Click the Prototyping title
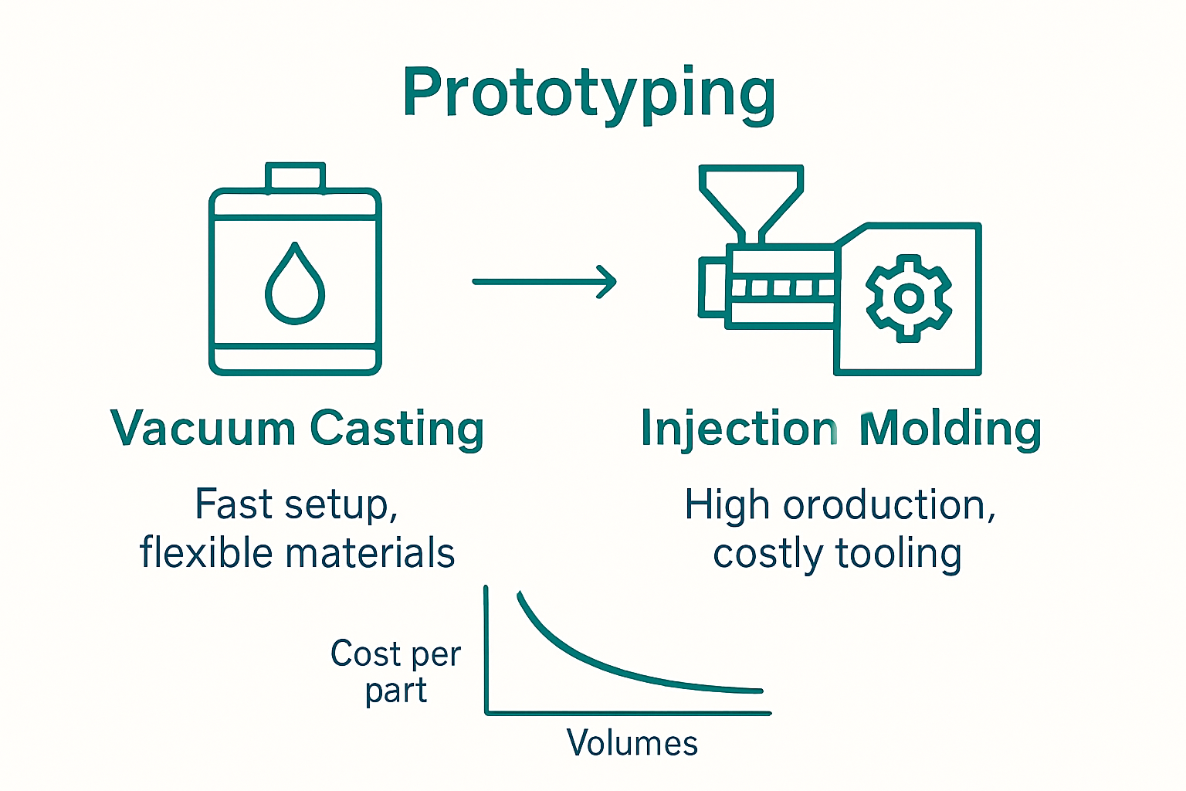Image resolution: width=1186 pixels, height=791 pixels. tap(588, 94)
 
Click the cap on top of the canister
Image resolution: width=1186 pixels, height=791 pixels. tap(295, 177)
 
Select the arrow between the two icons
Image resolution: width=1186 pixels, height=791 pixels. tap(544, 282)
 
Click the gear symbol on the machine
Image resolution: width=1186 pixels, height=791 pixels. tap(909, 298)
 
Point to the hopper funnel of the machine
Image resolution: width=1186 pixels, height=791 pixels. tap(751, 197)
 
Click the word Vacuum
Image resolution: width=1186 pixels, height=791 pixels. tap(202, 429)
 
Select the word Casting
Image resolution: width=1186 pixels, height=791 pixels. tap(397, 429)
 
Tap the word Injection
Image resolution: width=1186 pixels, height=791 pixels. tap(739, 429)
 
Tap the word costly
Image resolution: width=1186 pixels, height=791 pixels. tap(768, 555)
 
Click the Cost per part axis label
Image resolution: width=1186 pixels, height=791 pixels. tap(395, 671)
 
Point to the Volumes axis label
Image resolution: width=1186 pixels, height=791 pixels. tap(632, 743)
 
